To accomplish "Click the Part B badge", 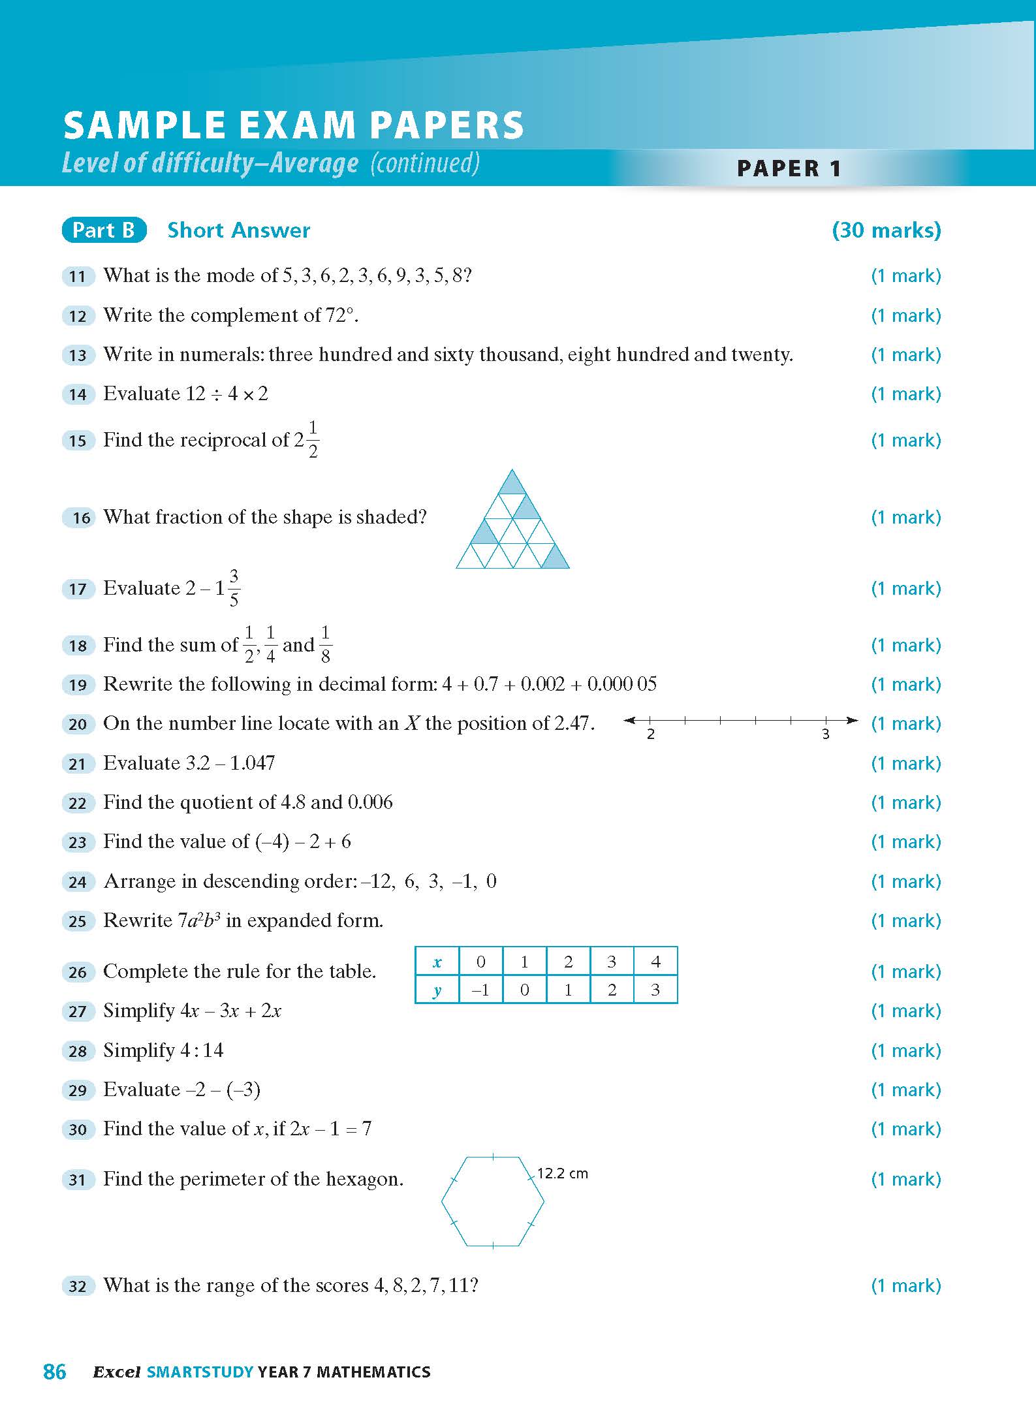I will coord(104,230).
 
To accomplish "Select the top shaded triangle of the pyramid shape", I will coord(512,484).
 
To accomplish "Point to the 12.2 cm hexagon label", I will coord(562,1174).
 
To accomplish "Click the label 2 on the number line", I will coord(651,734).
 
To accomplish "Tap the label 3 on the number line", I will coord(825,734).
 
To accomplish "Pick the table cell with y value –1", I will coord(480,990).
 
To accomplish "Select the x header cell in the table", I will coord(437,962).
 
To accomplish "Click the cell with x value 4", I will coord(655,962).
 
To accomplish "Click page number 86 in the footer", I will coord(54,1372).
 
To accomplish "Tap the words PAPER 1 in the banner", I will coord(789,168).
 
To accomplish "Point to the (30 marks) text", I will coord(886,230).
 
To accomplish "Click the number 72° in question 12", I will coord(340,315).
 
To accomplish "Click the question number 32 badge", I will coord(78,1286).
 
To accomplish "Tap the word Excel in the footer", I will coord(117,1372).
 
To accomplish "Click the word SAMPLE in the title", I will coord(145,125).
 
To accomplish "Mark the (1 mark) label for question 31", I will coord(906,1179).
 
